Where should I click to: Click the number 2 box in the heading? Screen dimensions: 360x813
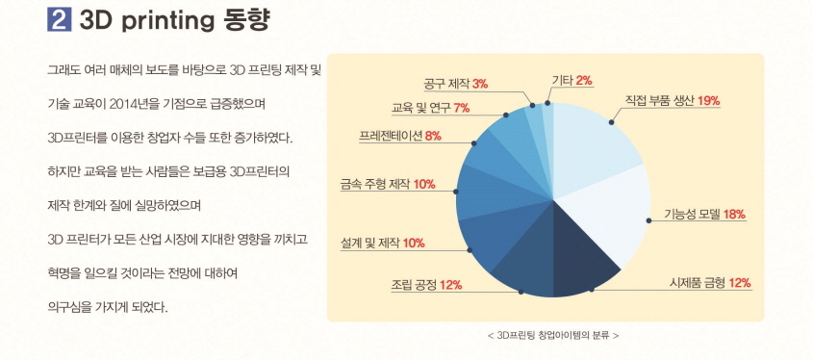coord(59,19)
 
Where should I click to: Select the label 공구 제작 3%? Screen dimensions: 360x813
coord(455,84)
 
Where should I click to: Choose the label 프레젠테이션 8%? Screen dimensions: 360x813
coord(399,136)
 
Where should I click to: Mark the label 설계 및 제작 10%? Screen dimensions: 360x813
coord(383,243)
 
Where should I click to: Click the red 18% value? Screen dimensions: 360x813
coord(733,214)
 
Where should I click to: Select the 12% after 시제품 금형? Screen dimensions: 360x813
coord(740,283)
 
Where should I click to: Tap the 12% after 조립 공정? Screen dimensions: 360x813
coord(451,285)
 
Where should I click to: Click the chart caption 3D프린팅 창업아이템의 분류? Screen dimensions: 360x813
coord(553,335)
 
